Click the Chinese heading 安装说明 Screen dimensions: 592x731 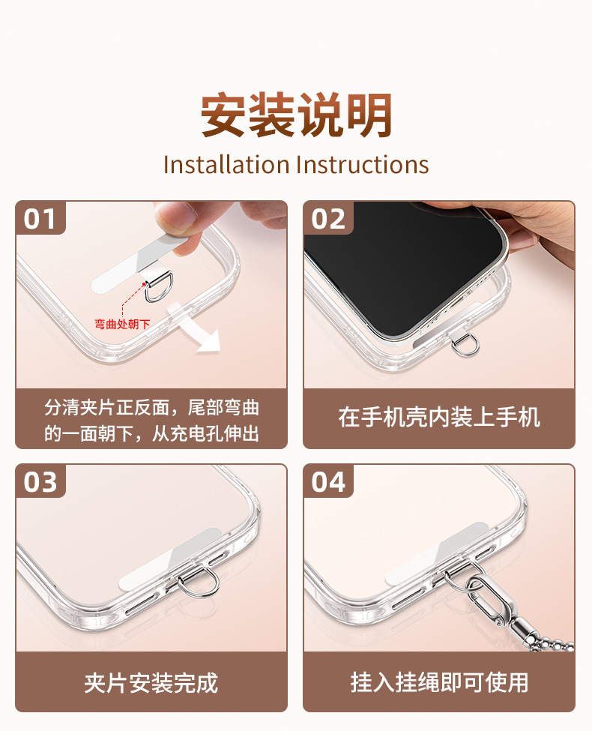[297, 115]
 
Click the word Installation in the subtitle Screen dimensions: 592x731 [226, 165]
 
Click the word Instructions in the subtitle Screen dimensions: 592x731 [362, 165]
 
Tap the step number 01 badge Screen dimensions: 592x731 [40, 218]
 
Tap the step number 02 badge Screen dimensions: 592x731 [328, 218]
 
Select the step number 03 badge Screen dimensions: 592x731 [40, 481]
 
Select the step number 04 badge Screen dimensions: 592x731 [328, 481]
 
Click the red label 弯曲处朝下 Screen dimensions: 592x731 [122, 324]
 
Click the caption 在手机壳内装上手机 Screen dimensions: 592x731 [439, 417]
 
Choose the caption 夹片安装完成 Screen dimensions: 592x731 [151, 683]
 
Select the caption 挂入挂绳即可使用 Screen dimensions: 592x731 [439, 682]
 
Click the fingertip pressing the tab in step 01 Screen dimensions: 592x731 [175, 219]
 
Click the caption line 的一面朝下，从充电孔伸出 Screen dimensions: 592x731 [152, 433]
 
